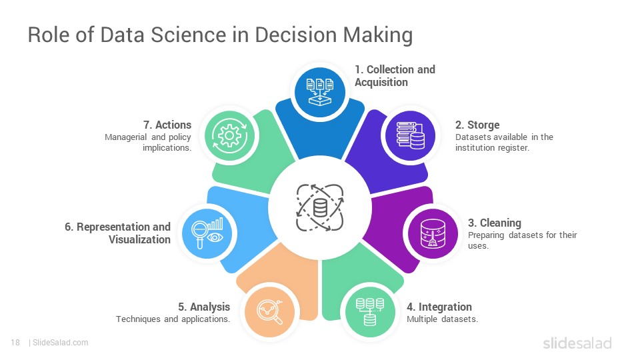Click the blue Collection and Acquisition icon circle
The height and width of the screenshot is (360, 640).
pos(320,92)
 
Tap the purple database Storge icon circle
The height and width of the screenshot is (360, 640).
pos(411,135)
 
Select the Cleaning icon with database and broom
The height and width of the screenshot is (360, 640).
pos(433,234)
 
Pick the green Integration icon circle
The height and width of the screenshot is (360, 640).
pos(370,312)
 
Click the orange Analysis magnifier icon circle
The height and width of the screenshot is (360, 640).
pos(269,312)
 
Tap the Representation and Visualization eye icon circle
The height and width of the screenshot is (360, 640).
pos(207,234)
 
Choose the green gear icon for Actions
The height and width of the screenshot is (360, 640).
pos(229,135)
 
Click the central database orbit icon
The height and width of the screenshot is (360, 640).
pos(320,207)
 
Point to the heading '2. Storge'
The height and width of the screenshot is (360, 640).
pos(477,125)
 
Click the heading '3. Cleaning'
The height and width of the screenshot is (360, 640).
pos(494,223)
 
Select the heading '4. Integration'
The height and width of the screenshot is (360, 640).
pos(439,307)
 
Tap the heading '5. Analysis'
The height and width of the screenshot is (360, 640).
pos(204,307)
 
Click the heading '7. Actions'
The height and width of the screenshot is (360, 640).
pos(167,125)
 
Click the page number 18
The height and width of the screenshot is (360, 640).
pos(15,343)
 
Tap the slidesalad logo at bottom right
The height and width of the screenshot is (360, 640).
pos(577,343)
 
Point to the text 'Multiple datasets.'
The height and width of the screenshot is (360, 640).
pos(442,319)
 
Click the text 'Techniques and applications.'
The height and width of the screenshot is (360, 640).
pos(173,319)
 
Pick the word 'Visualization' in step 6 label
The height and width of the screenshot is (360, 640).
pos(139,239)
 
